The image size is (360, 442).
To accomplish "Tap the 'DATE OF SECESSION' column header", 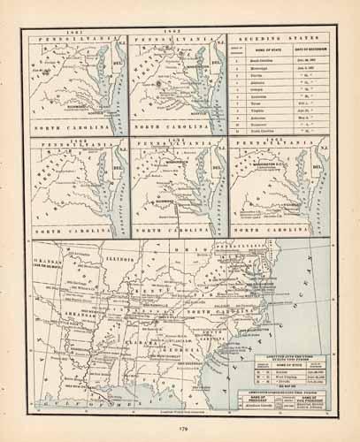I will (311, 57).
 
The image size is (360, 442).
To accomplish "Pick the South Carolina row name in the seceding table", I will (271, 68).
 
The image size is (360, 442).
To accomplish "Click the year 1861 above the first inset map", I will (75, 33).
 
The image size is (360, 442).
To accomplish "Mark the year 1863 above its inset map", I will (75, 136).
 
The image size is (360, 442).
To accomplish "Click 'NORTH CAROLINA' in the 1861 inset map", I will (75, 128).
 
